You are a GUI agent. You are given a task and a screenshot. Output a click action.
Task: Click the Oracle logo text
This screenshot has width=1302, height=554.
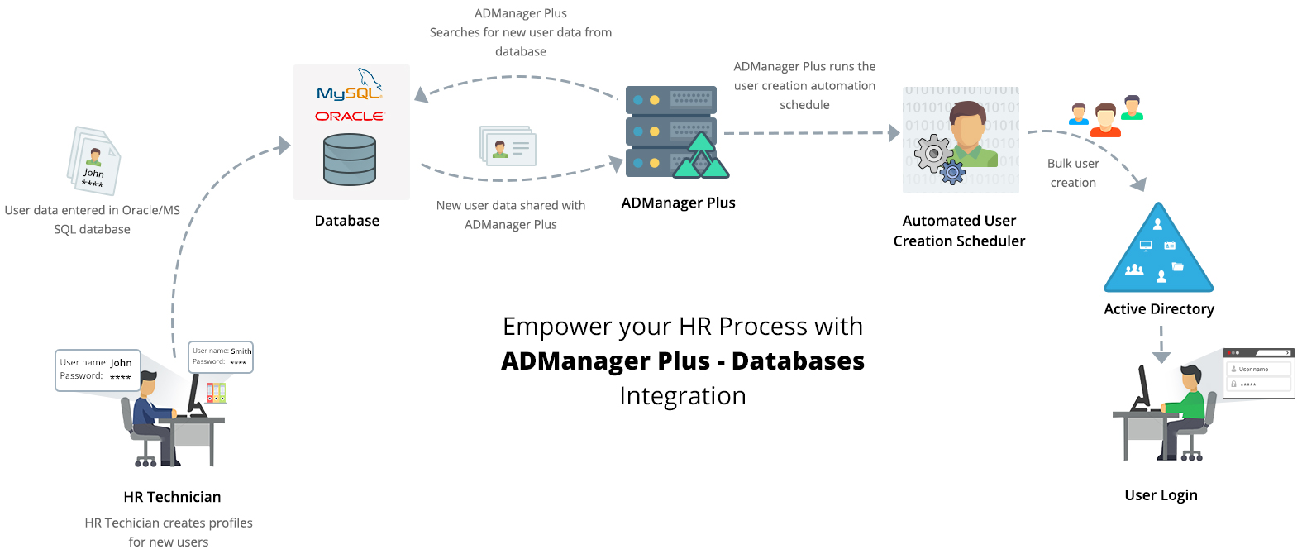pyautogui.click(x=350, y=117)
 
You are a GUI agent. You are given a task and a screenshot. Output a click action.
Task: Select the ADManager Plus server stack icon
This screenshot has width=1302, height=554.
pyautogui.click(x=671, y=131)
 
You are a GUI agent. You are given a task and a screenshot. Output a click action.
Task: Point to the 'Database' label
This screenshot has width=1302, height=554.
pyautogui.click(x=347, y=221)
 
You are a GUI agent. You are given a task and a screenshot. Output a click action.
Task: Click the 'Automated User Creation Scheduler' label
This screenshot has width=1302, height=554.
pyautogui.click(x=959, y=231)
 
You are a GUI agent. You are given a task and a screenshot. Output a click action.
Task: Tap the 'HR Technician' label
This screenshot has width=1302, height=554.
pyautogui.click(x=172, y=497)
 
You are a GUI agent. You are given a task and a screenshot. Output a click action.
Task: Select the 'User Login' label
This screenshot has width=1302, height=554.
pyautogui.click(x=1161, y=495)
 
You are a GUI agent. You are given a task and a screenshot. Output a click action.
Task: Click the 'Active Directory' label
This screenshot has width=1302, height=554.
pyautogui.click(x=1159, y=309)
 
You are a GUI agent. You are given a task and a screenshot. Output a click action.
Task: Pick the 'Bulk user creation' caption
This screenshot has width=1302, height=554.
pyautogui.click(x=1073, y=173)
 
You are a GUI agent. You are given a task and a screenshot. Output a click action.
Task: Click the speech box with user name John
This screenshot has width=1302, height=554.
pyautogui.click(x=98, y=370)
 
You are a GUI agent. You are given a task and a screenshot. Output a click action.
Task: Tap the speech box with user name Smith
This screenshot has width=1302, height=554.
pyautogui.click(x=221, y=356)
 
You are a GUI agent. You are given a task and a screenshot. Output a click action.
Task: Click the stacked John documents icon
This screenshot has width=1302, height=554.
pyautogui.click(x=94, y=160)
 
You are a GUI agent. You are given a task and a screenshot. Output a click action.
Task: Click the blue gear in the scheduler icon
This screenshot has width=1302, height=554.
pyautogui.click(x=953, y=172)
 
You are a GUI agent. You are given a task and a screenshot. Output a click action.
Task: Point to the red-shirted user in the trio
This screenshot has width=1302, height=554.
pyautogui.click(x=1105, y=121)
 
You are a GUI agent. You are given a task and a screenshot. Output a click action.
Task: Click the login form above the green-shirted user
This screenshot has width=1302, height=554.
pyautogui.click(x=1258, y=375)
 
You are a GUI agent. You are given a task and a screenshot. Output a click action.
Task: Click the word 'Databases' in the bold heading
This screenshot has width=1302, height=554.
pyautogui.click(x=798, y=361)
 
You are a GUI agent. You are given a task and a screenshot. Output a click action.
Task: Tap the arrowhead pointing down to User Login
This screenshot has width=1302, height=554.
pyautogui.click(x=1161, y=357)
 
